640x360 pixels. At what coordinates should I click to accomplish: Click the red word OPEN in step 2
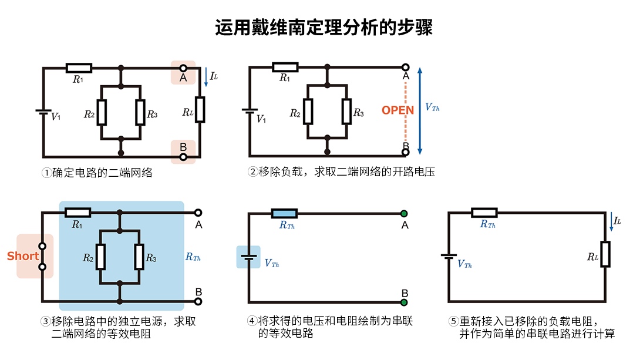point(398,110)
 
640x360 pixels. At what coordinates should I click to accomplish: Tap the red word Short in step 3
point(23,256)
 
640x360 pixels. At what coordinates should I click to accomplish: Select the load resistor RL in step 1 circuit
point(200,110)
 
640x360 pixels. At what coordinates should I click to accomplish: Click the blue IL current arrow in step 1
point(206,78)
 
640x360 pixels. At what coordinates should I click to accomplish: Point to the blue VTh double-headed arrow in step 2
point(420,110)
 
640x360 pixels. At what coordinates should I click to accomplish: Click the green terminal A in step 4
point(405,213)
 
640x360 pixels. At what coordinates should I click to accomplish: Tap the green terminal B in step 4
point(405,303)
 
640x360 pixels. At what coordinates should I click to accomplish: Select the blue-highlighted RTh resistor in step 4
point(284,213)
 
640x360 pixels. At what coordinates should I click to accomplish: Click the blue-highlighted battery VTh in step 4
point(248,257)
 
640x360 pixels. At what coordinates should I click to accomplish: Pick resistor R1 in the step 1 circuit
point(78,68)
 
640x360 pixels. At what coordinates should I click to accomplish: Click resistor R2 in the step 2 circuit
point(308,111)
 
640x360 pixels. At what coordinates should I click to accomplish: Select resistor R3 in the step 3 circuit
point(140,257)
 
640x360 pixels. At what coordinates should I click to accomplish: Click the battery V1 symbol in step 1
point(43,112)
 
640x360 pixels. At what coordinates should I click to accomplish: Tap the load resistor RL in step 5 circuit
point(605,254)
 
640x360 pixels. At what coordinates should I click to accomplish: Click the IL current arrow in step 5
point(612,222)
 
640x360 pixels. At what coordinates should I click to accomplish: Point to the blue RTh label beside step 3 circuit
point(193,256)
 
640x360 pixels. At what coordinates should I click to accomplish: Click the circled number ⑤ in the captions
point(453,321)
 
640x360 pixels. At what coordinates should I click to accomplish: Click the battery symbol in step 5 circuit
point(449,257)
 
